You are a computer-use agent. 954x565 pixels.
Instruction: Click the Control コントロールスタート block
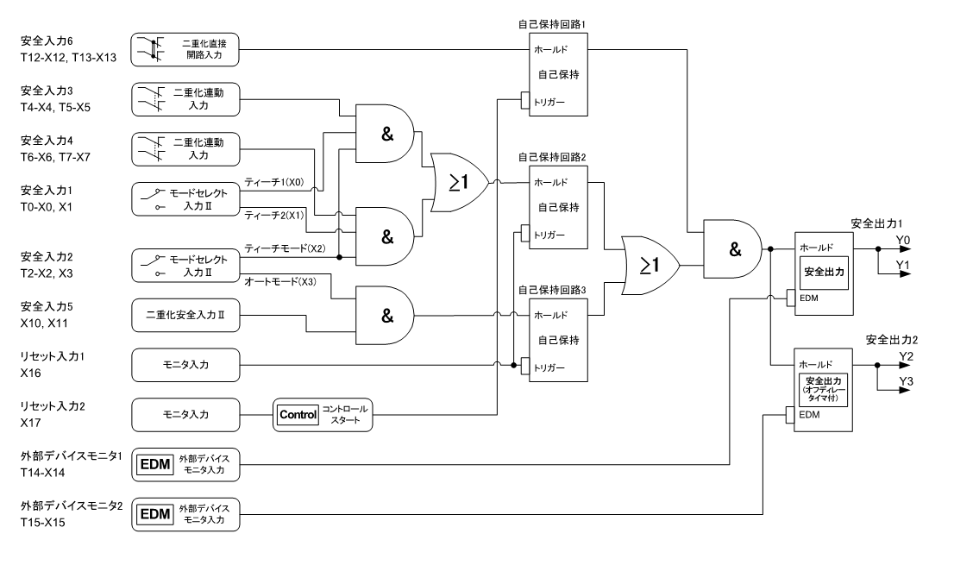point(323,415)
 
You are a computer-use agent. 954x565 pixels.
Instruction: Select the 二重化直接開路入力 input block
point(185,50)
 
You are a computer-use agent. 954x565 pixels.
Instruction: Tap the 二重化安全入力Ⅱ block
point(185,315)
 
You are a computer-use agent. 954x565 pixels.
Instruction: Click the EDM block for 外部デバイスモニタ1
point(185,465)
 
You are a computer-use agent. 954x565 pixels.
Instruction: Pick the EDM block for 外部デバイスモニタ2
point(185,514)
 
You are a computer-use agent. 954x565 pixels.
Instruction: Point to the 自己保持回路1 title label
point(552,24)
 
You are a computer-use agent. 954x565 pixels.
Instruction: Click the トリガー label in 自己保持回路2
point(549,235)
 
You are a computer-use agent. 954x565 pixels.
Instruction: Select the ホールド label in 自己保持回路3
point(550,315)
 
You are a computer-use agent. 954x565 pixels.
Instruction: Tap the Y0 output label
point(903,240)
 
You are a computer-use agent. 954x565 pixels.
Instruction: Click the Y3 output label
point(906,381)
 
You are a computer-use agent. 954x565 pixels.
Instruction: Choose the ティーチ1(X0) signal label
point(273,182)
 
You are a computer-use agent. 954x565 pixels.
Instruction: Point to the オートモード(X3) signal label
point(279,281)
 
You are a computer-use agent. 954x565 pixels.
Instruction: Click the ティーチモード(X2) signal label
point(285,248)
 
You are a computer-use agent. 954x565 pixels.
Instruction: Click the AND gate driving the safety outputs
point(732,248)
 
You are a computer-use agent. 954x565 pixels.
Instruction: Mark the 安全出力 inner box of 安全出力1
point(824,273)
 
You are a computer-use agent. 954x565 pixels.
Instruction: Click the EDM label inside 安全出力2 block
point(808,415)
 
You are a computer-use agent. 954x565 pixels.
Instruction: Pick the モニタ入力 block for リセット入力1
point(185,365)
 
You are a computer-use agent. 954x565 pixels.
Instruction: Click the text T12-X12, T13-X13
point(68,58)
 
